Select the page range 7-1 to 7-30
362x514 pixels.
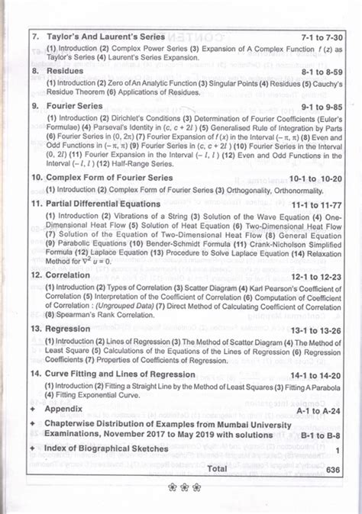click(309, 36)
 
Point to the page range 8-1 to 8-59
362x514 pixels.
click(309, 70)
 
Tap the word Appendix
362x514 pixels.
click(63, 409)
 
